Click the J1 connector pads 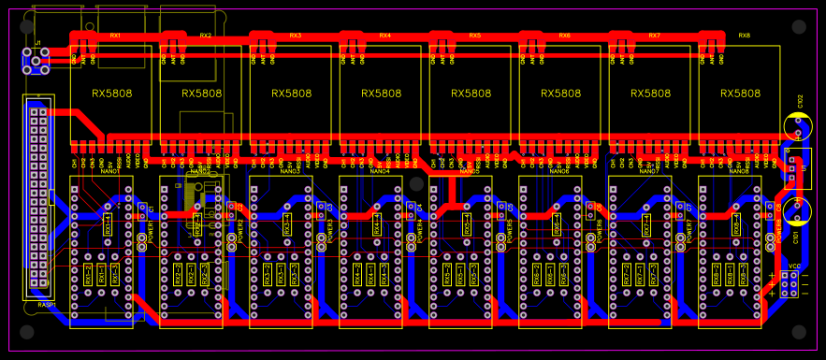[x=36, y=63]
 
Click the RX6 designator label [x=564, y=36]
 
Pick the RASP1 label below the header [x=47, y=305]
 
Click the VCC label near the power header [x=794, y=266]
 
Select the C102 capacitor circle [x=797, y=126]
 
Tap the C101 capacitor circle [x=797, y=211]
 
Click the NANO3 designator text [x=290, y=172]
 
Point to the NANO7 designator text [x=649, y=172]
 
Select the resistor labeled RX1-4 [x=108, y=224]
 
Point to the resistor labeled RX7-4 [x=646, y=224]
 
